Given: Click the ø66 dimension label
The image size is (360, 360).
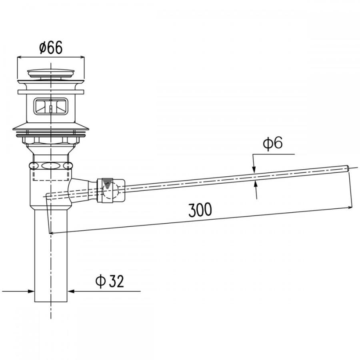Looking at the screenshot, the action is [51, 48].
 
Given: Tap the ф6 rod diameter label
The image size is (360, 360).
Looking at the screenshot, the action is [273, 144].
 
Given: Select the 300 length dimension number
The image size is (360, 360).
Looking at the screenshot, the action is [200, 210].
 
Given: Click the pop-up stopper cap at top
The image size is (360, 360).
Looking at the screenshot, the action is [51, 73].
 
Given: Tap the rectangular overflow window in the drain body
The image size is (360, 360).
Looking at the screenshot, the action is [51, 106].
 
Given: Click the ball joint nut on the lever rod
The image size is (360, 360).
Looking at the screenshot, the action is [111, 190].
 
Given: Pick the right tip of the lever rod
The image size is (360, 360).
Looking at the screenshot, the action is [349, 168].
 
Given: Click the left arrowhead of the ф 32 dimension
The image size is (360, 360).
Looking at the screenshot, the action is [31, 291].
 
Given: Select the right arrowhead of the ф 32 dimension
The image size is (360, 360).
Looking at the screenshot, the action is [71, 291].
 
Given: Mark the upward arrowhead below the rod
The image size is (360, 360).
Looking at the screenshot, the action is [255, 184].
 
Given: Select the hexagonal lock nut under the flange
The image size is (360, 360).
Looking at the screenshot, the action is [51, 140].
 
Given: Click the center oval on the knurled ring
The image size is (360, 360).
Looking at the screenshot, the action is [51, 166].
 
